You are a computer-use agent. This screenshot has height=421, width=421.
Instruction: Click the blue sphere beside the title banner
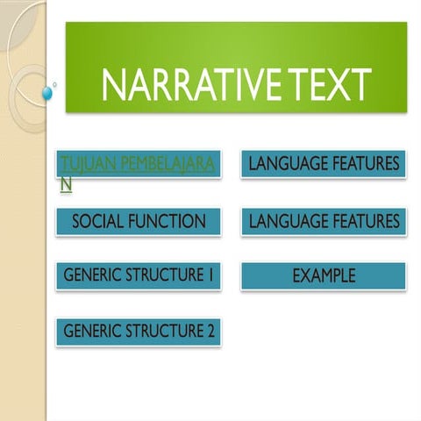click(47, 92)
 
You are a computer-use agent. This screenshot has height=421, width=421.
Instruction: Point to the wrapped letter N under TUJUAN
click(65, 184)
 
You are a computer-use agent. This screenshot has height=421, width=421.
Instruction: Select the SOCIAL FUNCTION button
click(139, 221)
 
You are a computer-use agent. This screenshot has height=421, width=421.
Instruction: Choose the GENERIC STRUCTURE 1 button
click(139, 275)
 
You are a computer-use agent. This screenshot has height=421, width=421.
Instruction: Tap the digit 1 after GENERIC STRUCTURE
click(211, 275)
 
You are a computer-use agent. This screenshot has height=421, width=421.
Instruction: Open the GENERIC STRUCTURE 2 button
click(139, 332)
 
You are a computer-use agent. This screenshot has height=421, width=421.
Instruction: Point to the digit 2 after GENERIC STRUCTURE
click(210, 332)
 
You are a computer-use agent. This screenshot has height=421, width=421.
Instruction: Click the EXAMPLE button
click(324, 275)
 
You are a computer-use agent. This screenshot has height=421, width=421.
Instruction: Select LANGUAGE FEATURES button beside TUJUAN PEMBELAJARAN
click(324, 163)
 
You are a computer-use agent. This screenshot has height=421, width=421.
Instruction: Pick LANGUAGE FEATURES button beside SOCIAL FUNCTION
click(324, 221)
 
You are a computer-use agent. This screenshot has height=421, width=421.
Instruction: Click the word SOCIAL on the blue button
click(97, 221)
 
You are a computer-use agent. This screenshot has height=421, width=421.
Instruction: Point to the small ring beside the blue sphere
click(55, 85)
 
